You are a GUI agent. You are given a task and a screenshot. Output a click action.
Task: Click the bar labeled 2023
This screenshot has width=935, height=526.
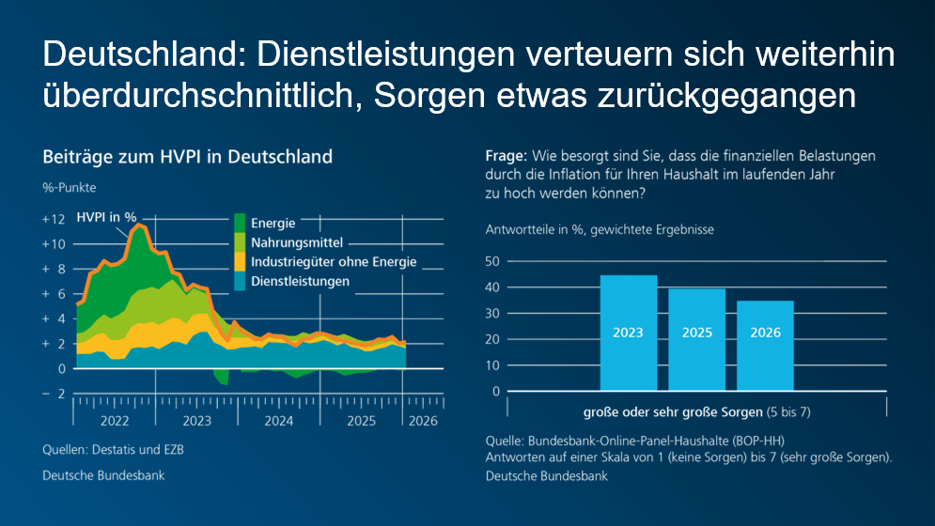pos(628,333)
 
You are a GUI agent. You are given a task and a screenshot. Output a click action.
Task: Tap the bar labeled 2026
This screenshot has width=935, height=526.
pos(765,345)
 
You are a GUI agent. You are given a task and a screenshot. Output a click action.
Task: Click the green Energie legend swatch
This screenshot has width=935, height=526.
pos(240,224)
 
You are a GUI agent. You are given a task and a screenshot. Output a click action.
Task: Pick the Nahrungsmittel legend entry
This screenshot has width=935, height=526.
pos(296,242)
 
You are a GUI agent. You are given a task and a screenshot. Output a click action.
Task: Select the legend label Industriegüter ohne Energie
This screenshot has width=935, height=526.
pos(333,262)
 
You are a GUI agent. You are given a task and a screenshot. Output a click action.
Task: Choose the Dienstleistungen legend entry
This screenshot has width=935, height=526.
pos(300,281)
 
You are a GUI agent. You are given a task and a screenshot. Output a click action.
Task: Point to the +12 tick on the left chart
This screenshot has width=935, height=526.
pos(54,219)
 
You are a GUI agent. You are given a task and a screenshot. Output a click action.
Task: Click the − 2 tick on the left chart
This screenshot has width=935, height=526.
pos(54,394)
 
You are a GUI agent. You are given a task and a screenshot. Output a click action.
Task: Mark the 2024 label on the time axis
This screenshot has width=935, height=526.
pos(279,422)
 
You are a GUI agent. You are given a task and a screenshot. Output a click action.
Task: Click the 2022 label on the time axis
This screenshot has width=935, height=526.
pos(114,422)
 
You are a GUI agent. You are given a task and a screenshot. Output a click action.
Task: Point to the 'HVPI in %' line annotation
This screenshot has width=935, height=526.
pos(106,217)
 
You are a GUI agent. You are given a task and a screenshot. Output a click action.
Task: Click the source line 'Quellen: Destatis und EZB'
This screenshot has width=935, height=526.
pos(113,450)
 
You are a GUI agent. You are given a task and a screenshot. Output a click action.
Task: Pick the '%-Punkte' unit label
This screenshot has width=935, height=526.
pos(69,188)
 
